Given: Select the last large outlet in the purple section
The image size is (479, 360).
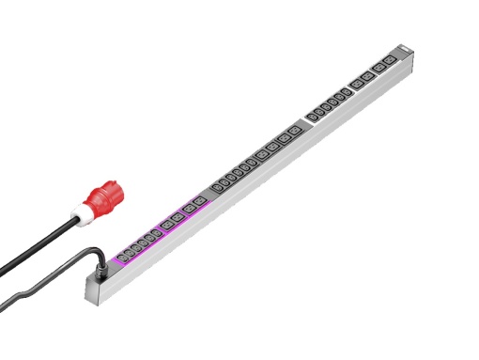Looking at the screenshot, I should [x=198, y=200].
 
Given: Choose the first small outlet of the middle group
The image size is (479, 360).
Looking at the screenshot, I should [x=219, y=185].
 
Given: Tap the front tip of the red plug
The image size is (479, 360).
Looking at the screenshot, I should [x=112, y=186].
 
